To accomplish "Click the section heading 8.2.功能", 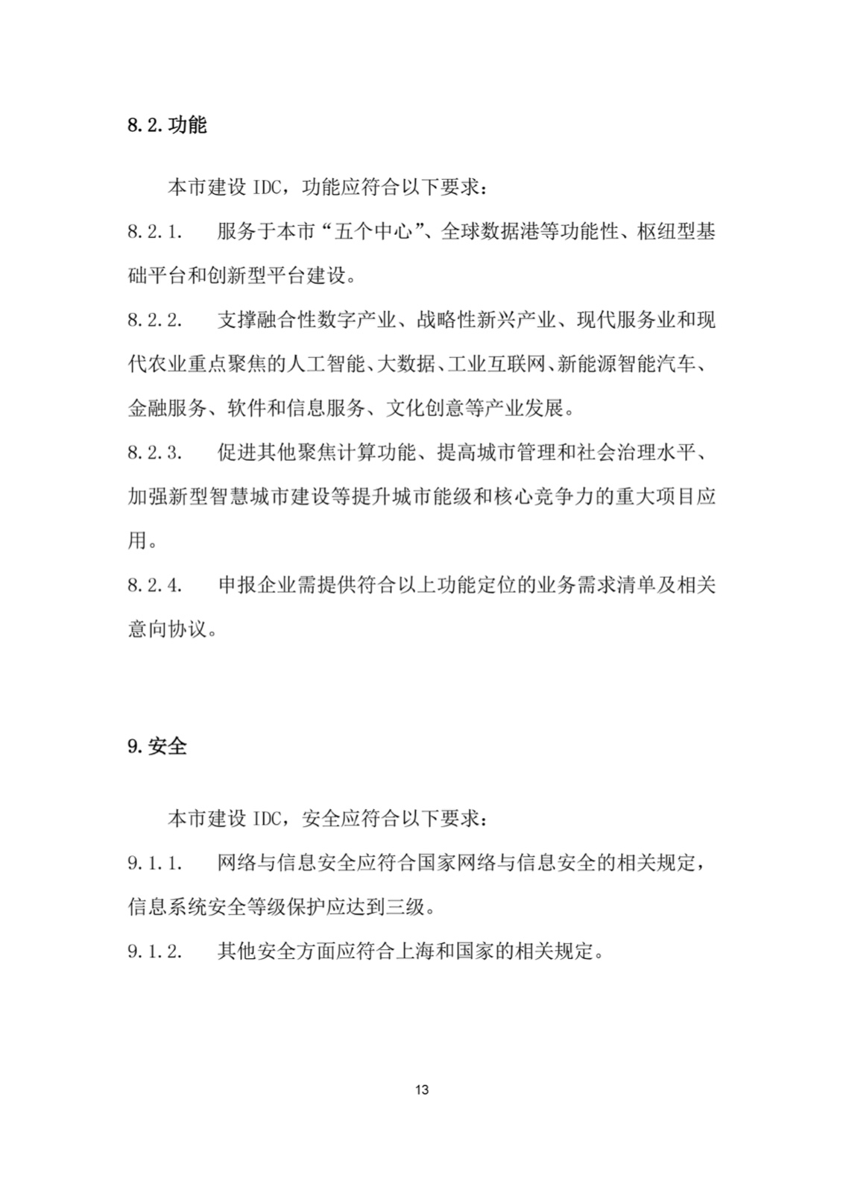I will tap(166, 125).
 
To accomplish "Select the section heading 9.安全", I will tap(157, 746).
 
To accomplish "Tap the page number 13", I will tap(421, 1090).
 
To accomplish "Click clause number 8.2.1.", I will tap(154, 232).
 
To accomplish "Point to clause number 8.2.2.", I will tap(154, 321).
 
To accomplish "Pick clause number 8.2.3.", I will tap(154, 453).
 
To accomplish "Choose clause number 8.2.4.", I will tap(154, 585).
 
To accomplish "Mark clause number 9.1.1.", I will tap(154, 863).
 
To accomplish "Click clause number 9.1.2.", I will tap(154, 951).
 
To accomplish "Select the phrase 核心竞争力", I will tap(531, 497).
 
